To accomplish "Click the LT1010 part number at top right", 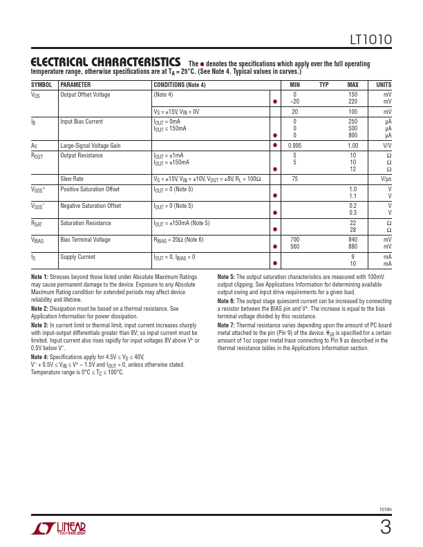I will click(372, 41).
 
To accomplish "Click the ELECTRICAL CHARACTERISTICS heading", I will click(106, 63).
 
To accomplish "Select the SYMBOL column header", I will click(41, 85).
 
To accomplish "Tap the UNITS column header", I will click(382, 85).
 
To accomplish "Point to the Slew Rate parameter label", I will click(73, 178).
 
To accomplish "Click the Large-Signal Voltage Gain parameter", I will click(91, 146).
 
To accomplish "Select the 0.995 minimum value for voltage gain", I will click(294, 146).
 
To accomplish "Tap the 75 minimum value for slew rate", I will click(294, 178).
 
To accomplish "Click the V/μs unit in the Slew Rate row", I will click(386, 178).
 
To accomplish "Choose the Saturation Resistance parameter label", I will click(90, 223).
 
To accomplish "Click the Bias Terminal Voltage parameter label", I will click(85, 240).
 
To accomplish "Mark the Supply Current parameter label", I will click(78, 257).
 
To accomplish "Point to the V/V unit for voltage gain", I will click(386, 146).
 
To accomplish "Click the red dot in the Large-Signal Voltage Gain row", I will click(275, 146).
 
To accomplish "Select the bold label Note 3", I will click(39, 325).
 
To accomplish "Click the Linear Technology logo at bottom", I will click(59, 529).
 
